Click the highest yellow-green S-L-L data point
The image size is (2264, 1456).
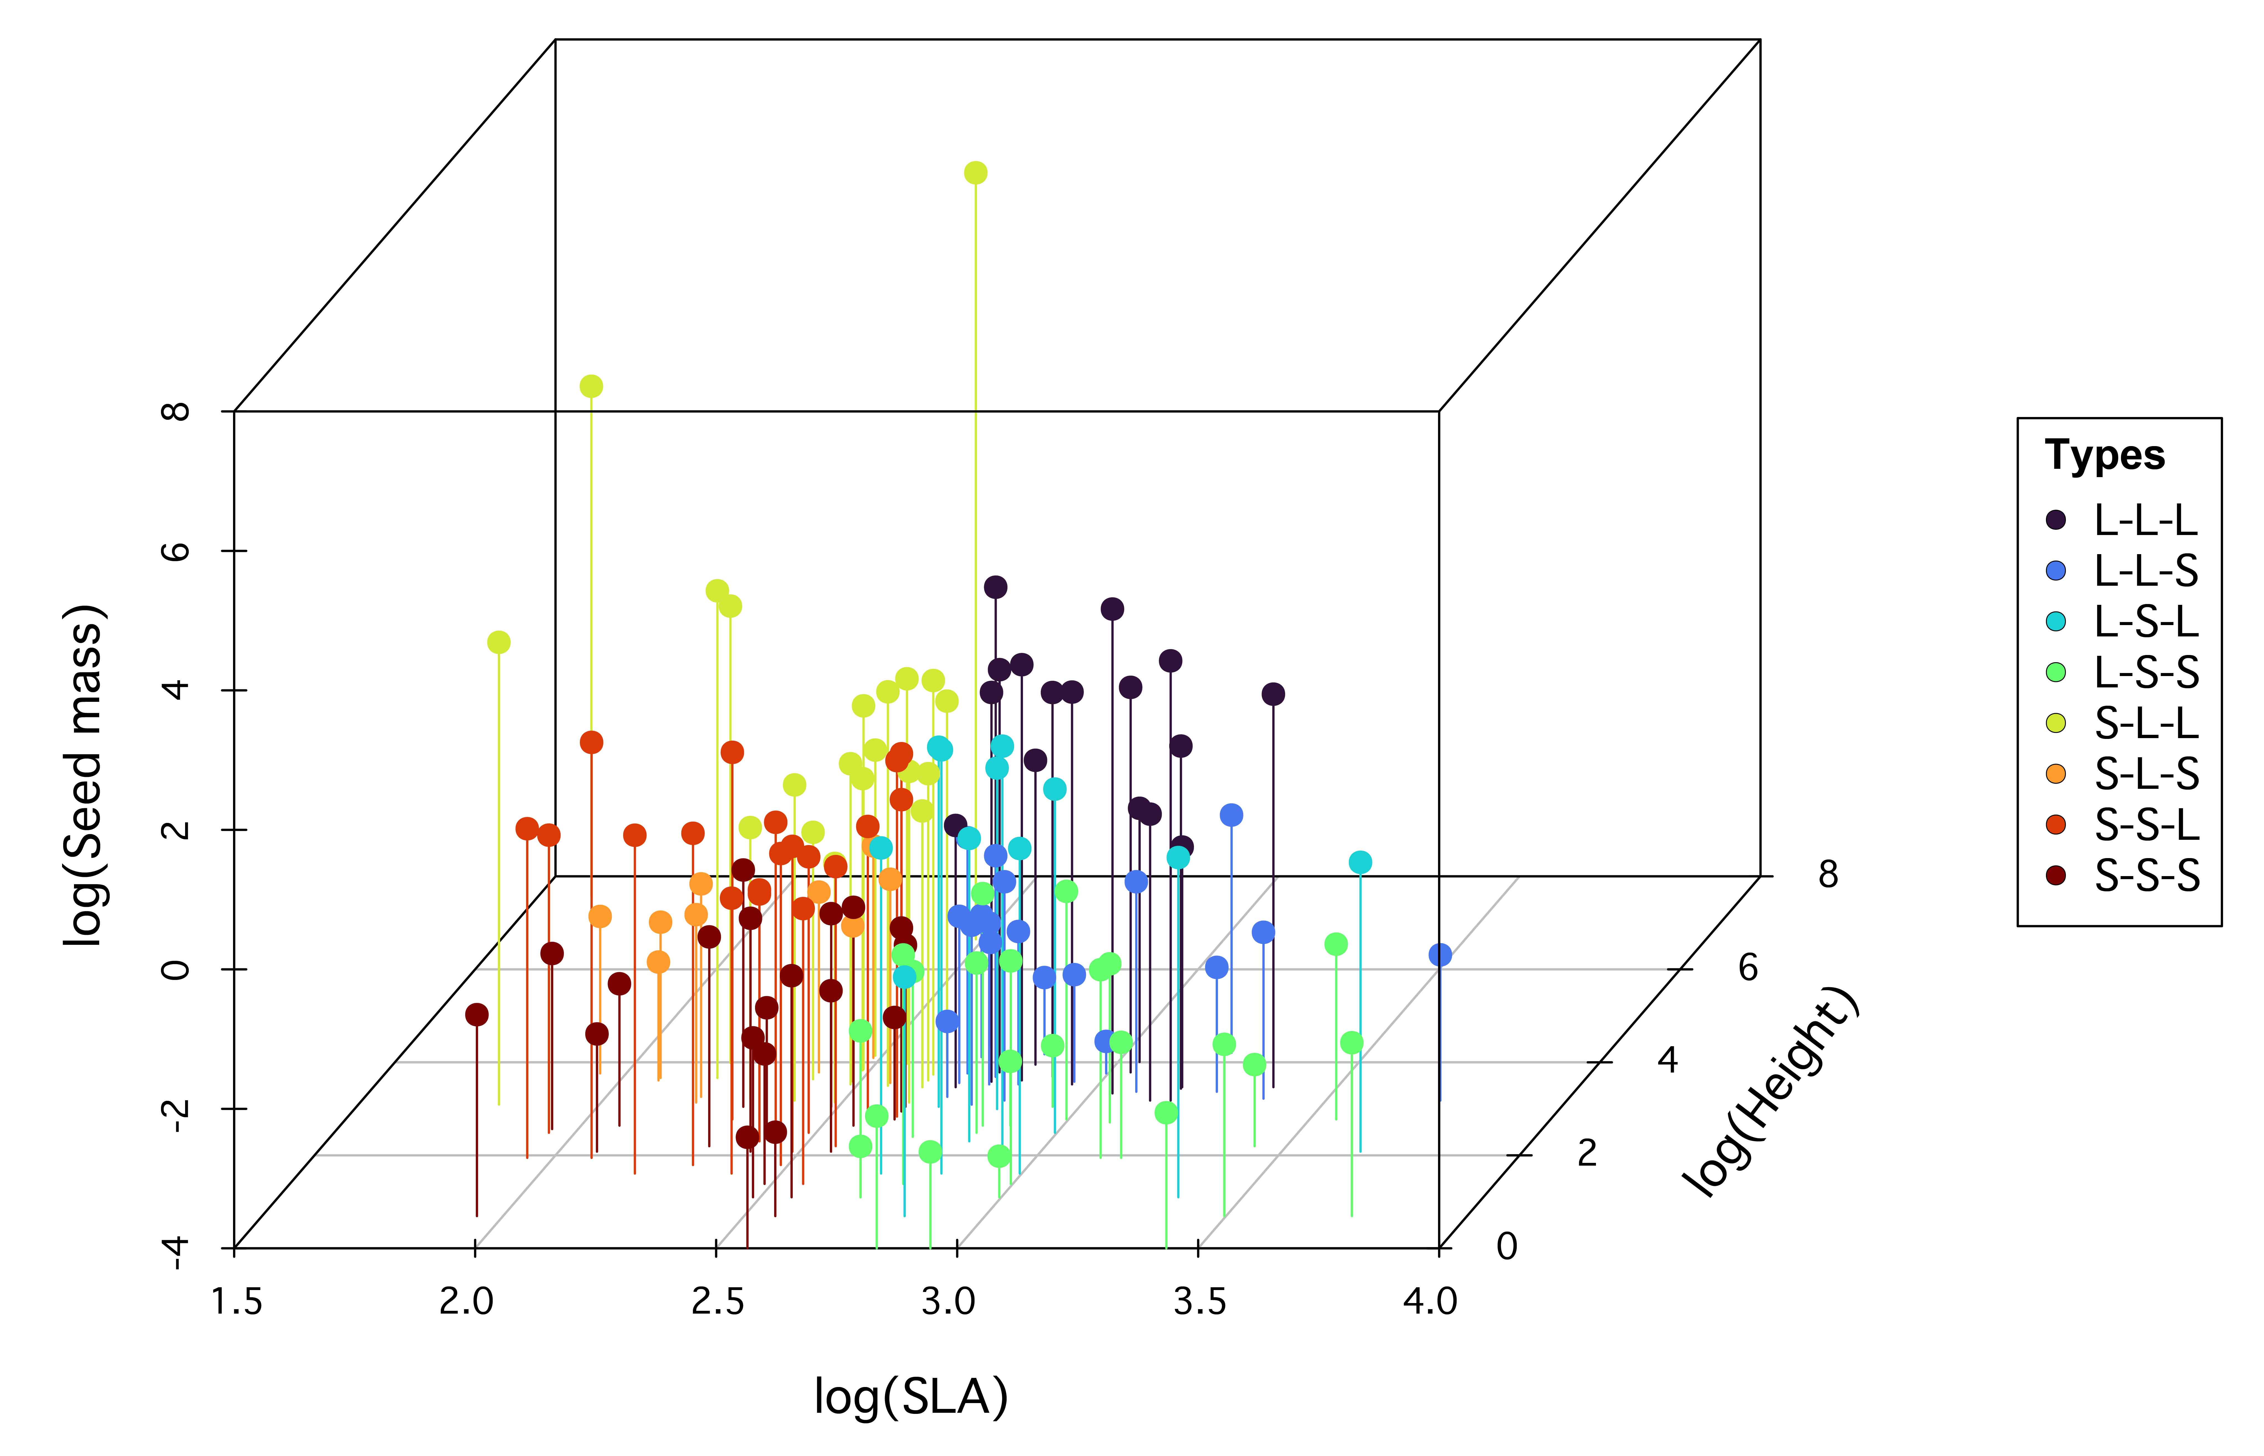pos(976,172)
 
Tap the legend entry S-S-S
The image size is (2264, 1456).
pos(2146,876)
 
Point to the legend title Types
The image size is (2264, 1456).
pos(2104,456)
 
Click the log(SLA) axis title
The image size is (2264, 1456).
pos(911,1396)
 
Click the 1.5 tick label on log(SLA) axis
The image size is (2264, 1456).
pos(236,1302)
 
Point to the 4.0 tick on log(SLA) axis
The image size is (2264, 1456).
pos(1429,1302)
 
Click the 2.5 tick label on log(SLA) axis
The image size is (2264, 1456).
pos(717,1302)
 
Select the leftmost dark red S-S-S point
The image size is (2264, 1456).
pos(477,1014)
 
